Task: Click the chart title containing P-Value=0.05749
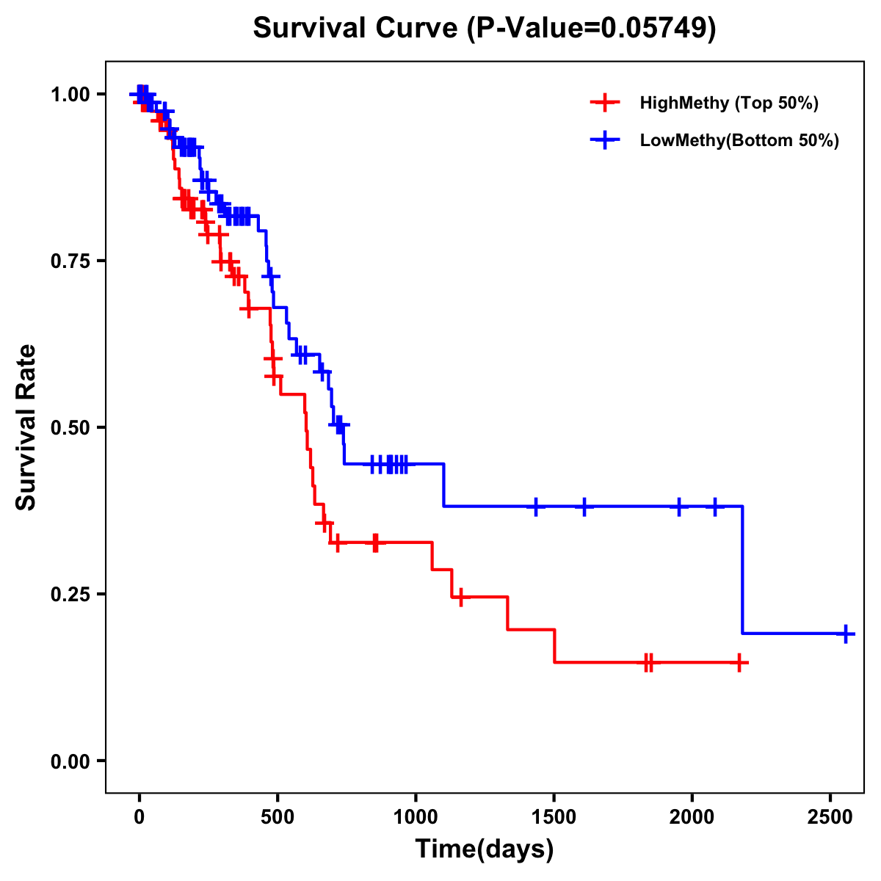tap(485, 29)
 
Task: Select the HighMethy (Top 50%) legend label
tap(729, 103)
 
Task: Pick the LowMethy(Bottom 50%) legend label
tap(739, 140)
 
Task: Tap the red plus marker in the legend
tap(605, 103)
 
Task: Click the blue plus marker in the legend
tap(605, 140)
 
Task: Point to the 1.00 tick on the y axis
tap(69, 95)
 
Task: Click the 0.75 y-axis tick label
tap(69, 261)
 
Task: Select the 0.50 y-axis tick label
tap(69, 428)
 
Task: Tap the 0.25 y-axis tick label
tap(69, 595)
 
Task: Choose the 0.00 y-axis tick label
tap(69, 761)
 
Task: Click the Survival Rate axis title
tap(26, 427)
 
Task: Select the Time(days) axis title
tap(485, 849)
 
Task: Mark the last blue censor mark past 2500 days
tap(846, 633)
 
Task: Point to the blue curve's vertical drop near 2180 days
tap(742, 569)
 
